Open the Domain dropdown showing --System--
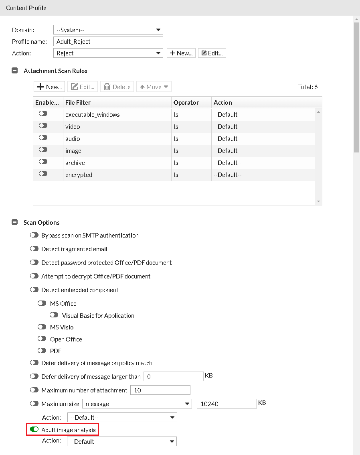click(x=108, y=30)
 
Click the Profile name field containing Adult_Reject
click(x=108, y=41)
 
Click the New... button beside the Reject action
click(x=181, y=53)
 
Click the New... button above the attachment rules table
click(x=50, y=87)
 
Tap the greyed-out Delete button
click(x=117, y=87)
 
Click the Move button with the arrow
click(x=154, y=87)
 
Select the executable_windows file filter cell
click(x=93, y=115)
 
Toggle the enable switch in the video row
click(x=43, y=126)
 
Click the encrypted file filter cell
click(x=79, y=175)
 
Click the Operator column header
click(x=186, y=102)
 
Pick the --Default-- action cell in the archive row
click(x=227, y=163)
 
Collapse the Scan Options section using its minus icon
click(x=15, y=222)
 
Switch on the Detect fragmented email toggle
click(x=34, y=249)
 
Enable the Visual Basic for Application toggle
click(x=55, y=315)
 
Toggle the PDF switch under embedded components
click(x=42, y=350)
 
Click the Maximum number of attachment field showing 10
click(x=160, y=390)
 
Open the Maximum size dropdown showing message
click(x=137, y=404)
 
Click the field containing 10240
click(x=226, y=404)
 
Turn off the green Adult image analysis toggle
click(x=34, y=430)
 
